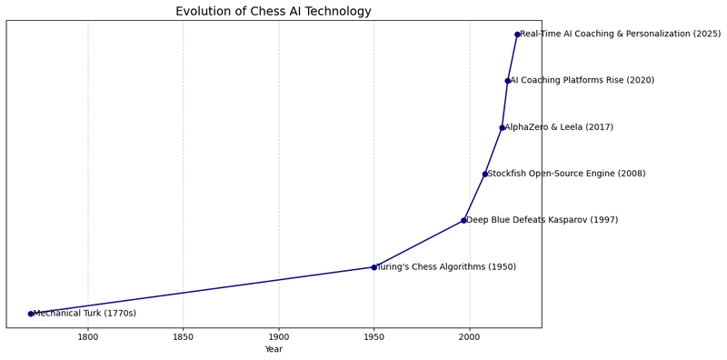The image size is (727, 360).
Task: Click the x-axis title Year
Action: pyautogui.click(x=274, y=349)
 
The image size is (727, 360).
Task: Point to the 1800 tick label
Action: pyautogui.click(x=88, y=337)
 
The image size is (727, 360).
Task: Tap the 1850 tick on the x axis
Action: pyautogui.click(x=184, y=337)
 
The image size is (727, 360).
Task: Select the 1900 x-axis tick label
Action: pyautogui.click(x=279, y=337)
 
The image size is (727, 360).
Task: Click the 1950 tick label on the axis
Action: pyautogui.click(x=373, y=337)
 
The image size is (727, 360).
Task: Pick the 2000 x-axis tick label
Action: pyautogui.click(x=469, y=337)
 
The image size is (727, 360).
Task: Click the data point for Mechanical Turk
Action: pyautogui.click(x=31, y=314)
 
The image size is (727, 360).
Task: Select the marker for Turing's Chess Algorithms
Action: pyautogui.click(x=373, y=267)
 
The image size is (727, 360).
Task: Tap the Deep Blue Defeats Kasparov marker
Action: pyautogui.click(x=463, y=220)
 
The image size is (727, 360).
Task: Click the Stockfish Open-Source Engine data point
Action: pyautogui.click(x=484, y=174)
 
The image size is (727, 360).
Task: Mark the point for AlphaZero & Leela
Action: pyautogui.click(x=502, y=127)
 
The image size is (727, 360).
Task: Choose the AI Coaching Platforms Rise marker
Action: pyautogui.click(x=507, y=81)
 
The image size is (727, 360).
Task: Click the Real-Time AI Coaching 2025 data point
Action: pyautogui.click(x=517, y=35)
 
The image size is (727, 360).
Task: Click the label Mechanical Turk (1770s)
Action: pyautogui.click(x=85, y=314)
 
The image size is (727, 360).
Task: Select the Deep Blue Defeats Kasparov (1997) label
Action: pyautogui.click(x=542, y=220)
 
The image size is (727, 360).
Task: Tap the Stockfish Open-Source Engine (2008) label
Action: pyautogui.click(x=566, y=174)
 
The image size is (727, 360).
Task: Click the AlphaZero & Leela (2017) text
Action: pyautogui.click(x=559, y=127)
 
